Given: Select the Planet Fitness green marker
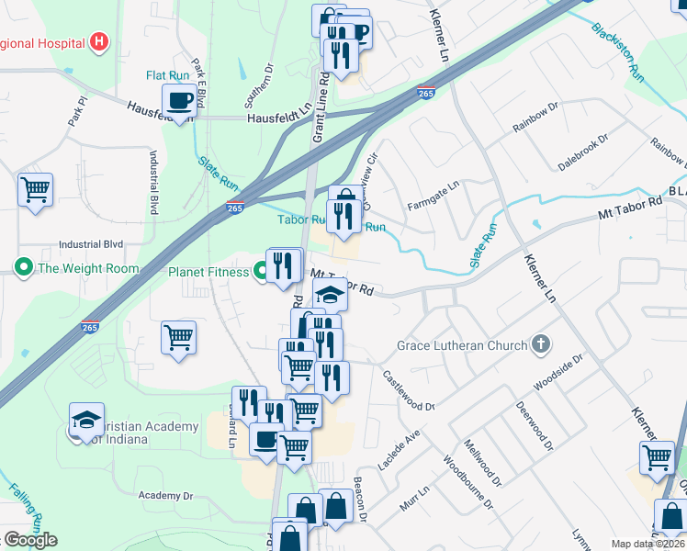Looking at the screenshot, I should click(260, 272).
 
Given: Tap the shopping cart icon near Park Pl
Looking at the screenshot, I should click(36, 190).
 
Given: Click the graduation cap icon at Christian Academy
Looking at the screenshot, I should click(86, 419).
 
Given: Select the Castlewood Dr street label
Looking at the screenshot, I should click(408, 390).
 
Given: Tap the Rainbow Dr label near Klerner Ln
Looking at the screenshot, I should click(535, 118).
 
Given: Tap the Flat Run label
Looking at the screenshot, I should click(166, 75).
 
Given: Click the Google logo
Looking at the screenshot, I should click(30, 539).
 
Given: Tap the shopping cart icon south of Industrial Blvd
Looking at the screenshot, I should click(178, 337).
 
